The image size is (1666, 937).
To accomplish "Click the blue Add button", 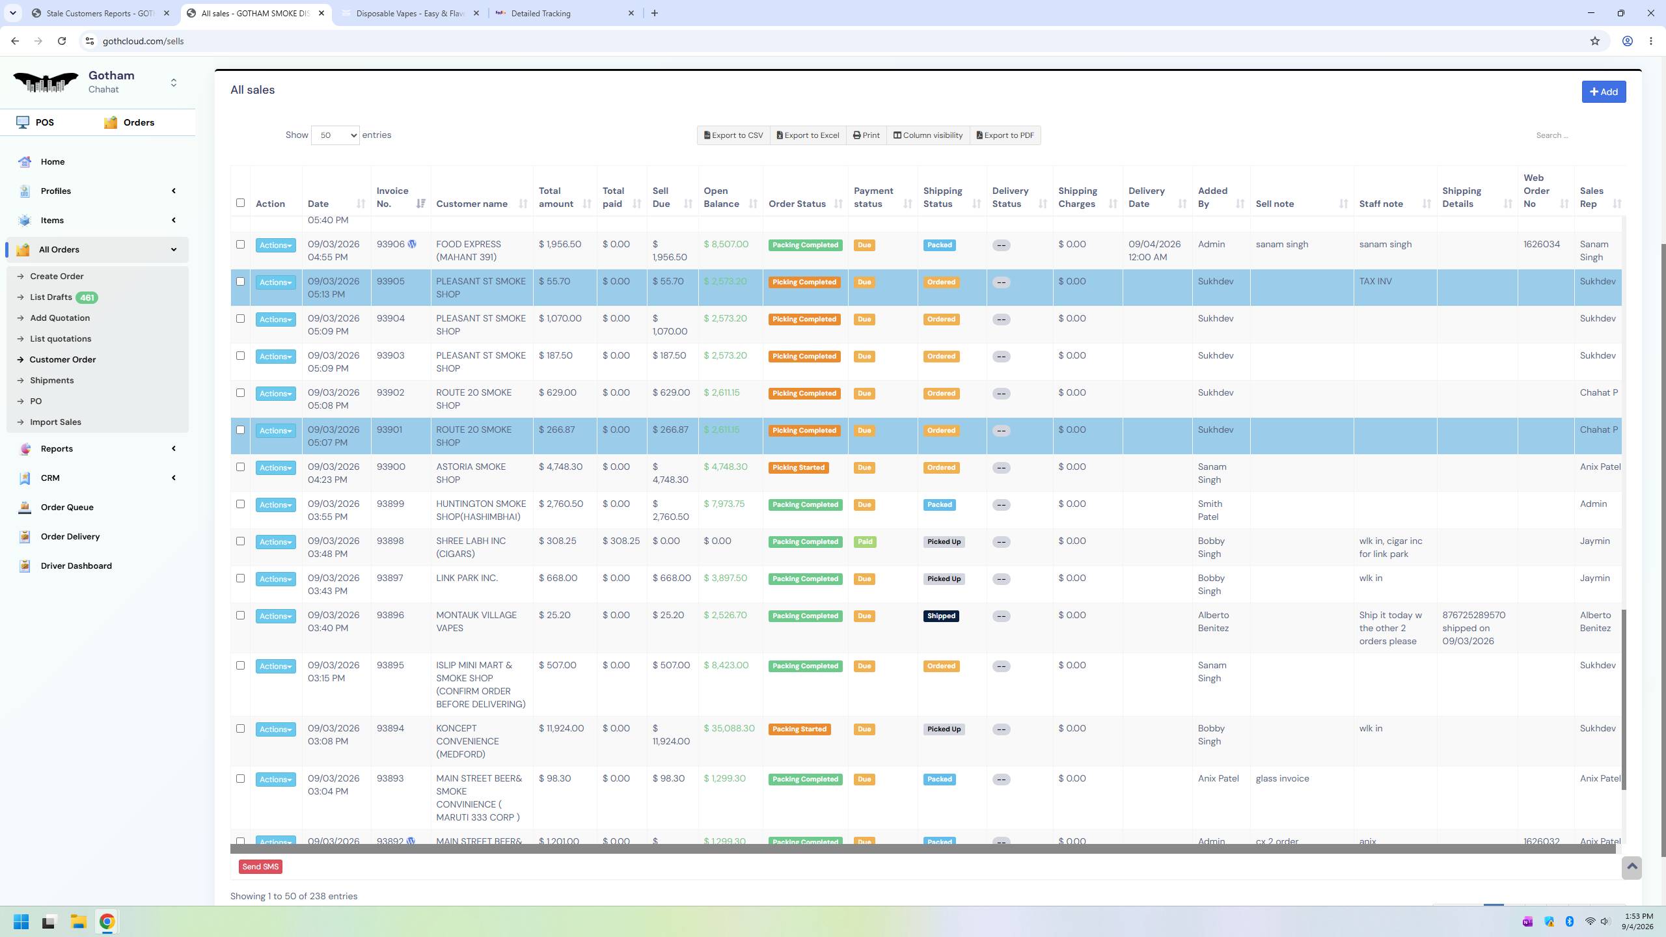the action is click(1604, 92).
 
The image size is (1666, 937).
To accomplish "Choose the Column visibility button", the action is click(928, 135).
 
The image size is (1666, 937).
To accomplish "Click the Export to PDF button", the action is click(1005, 135).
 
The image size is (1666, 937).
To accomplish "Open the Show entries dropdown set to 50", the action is click(335, 135).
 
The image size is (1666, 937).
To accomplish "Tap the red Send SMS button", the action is click(260, 867).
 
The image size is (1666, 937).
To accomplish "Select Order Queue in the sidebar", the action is click(67, 508).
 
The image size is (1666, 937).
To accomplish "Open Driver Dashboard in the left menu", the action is click(76, 566).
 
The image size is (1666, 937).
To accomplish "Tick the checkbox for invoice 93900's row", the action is click(240, 467).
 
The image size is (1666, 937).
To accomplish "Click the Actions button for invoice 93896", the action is click(275, 616).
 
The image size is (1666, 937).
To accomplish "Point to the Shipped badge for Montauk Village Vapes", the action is click(941, 616).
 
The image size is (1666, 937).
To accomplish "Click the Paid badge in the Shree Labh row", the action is click(865, 542).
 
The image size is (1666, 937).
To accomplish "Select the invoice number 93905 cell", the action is click(390, 282).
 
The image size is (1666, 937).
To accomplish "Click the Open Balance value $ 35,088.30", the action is click(729, 729).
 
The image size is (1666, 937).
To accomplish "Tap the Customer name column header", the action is click(472, 204).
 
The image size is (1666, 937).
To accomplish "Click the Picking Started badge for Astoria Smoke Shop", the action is click(799, 468).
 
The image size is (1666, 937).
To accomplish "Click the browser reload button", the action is click(62, 41).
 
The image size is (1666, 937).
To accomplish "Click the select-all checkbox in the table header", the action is click(240, 203).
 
